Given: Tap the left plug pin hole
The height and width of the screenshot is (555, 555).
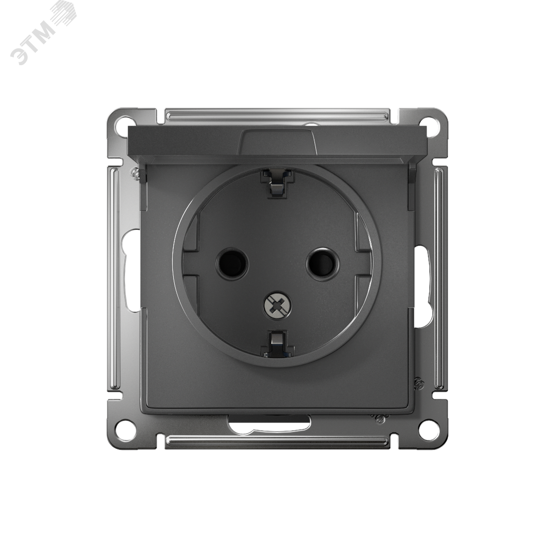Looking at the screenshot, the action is [232, 263].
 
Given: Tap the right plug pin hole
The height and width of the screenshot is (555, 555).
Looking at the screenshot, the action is [322, 263].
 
